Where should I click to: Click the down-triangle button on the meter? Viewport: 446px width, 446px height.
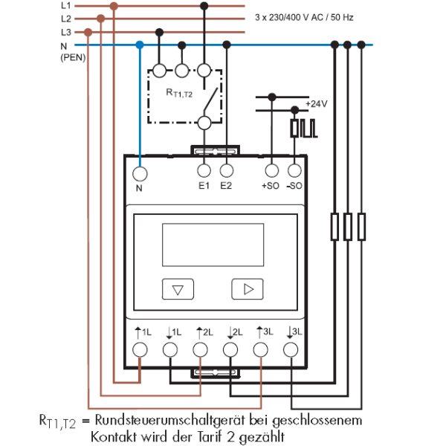(x=178, y=289)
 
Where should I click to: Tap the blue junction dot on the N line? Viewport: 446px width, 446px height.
(x=140, y=45)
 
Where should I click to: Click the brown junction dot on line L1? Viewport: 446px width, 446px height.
(x=114, y=6)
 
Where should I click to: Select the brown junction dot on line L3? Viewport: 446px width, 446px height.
(x=88, y=32)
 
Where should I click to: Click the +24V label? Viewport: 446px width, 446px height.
(x=317, y=104)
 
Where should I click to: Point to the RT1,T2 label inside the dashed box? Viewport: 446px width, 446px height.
(x=179, y=93)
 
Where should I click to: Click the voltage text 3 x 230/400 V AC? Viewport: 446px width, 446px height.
(x=289, y=18)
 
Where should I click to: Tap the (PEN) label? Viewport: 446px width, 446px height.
(x=73, y=58)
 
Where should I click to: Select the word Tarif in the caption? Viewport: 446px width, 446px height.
(x=210, y=436)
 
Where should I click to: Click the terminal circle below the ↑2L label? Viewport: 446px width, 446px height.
(x=200, y=349)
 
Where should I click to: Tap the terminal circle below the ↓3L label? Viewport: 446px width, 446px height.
(x=291, y=349)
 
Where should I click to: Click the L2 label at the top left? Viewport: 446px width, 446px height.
(x=66, y=19)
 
